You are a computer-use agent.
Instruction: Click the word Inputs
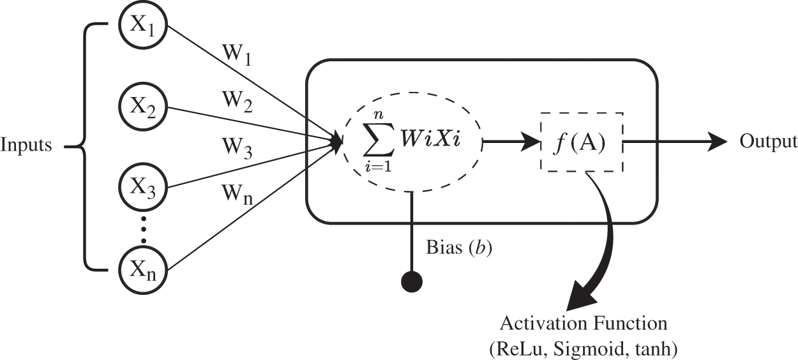coord(26,146)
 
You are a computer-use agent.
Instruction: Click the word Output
coord(769,142)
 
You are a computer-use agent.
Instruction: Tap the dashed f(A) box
coord(582,144)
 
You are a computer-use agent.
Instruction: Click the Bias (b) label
coord(458,247)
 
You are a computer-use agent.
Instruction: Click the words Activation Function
coord(583,323)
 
